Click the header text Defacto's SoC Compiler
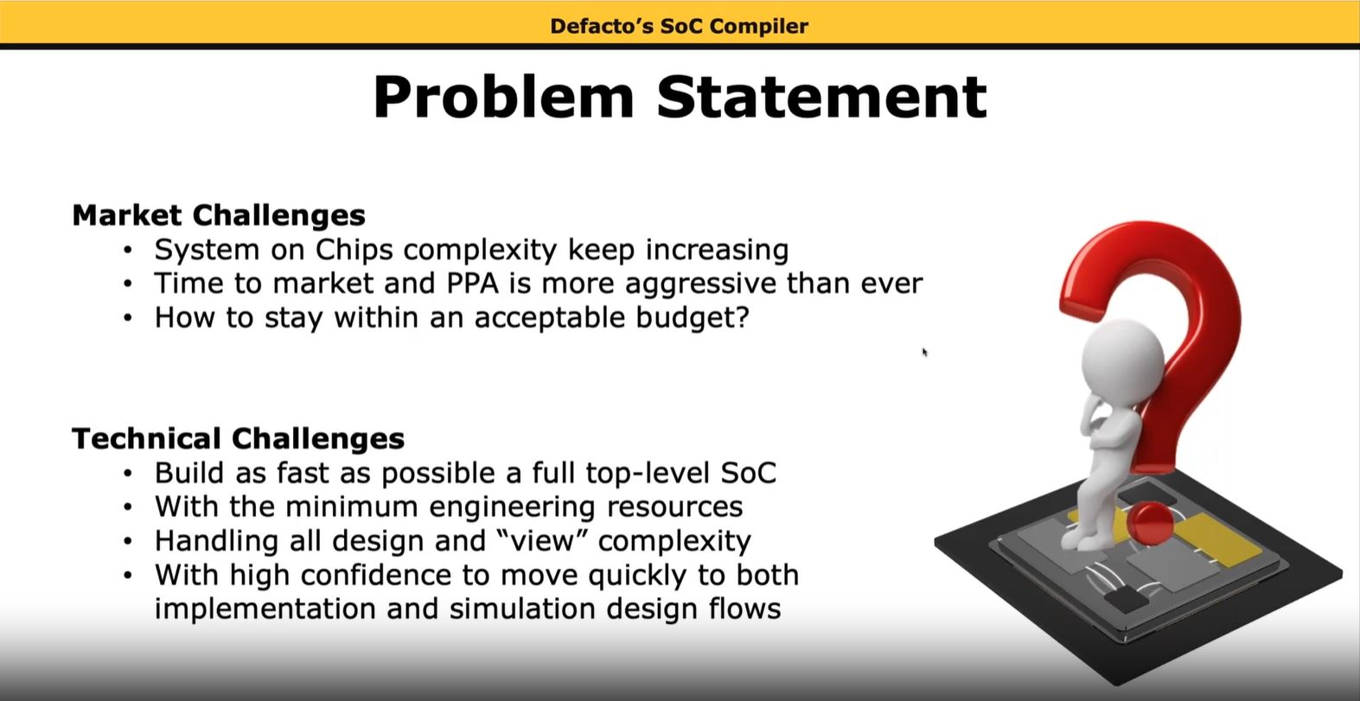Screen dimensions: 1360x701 point(679,26)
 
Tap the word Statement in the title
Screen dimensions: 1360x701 point(821,97)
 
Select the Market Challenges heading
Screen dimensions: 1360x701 point(219,216)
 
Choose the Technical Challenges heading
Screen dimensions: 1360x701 point(238,439)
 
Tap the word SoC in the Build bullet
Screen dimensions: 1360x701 point(749,474)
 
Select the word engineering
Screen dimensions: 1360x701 point(512,507)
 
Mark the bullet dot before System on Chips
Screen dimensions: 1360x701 point(127,250)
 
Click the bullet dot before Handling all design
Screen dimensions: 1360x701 point(127,541)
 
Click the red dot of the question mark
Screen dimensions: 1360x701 point(1150,523)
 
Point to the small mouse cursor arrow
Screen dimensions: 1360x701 point(924,353)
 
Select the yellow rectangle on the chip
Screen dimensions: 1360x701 point(1208,539)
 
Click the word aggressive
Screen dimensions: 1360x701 point(700,284)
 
